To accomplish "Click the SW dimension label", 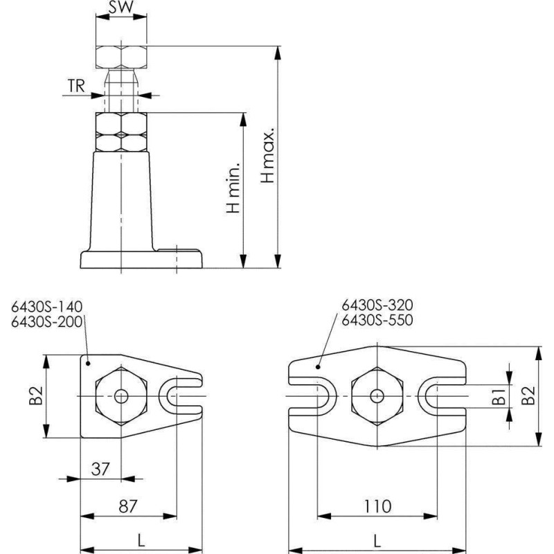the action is pyautogui.click(x=121, y=8).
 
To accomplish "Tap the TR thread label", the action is pyautogui.click(x=76, y=86).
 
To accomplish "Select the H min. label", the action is pyautogui.click(x=233, y=188).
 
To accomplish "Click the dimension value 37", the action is pyautogui.click(x=100, y=469).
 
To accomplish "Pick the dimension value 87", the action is pyautogui.click(x=127, y=506).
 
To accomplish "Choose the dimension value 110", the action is pyautogui.click(x=377, y=506).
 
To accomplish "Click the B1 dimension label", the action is pyautogui.click(x=499, y=396).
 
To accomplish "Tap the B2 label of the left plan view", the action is pyautogui.click(x=36, y=395).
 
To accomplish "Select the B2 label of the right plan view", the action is pyautogui.click(x=528, y=396).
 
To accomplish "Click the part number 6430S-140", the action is pyautogui.click(x=46, y=307).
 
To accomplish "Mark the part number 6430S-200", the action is pyautogui.click(x=46, y=322).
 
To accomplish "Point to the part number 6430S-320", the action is pyautogui.click(x=377, y=305).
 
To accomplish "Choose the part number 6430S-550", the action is pyautogui.click(x=377, y=320).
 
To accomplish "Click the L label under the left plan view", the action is pyautogui.click(x=141, y=540).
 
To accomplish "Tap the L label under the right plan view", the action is pyautogui.click(x=377, y=541).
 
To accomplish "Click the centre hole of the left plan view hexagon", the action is pyautogui.click(x=121, y=396).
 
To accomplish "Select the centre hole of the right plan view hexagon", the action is pyautogui.click(x=377, y=396).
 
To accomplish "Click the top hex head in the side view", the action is pyautogui.click(x=121, y=57).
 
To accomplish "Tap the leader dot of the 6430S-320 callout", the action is pyautogui.click(x=318, y=367).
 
